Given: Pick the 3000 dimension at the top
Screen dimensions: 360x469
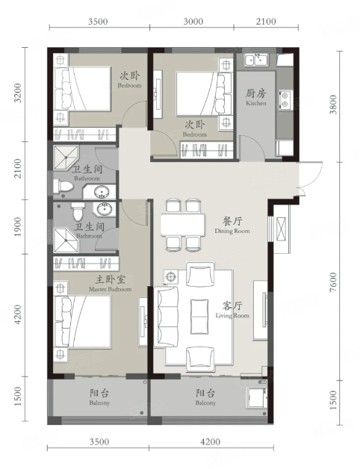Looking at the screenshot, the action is (193, 22).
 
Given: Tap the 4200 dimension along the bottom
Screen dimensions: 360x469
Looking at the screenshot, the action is (211, 442).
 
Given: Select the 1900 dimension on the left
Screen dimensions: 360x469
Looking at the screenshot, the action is (18, 227).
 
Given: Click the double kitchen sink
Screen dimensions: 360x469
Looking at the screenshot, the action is (256, 60).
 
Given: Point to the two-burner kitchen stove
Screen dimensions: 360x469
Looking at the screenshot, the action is (285, 100).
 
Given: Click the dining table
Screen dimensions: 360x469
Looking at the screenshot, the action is (182, 225).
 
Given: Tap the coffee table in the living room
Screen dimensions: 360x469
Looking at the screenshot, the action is (199, 317).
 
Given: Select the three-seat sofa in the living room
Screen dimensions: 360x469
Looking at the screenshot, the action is (166, 317).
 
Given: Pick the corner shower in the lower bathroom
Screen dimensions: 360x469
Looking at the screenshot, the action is (66, 240).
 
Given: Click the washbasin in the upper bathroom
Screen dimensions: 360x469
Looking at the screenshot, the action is (102, 192).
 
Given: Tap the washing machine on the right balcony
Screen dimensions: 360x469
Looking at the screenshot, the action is (256, 397).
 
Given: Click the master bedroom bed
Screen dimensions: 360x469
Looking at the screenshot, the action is (82, 322).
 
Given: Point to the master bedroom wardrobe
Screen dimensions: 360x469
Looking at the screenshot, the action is (86, 264).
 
